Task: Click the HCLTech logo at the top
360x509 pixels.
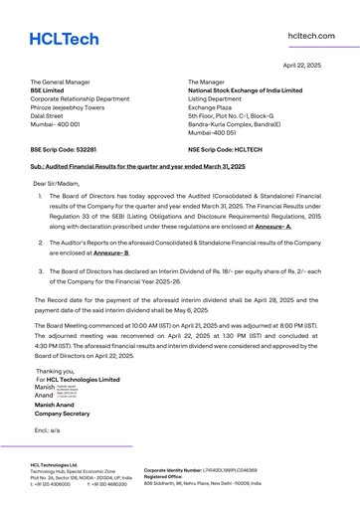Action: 64,39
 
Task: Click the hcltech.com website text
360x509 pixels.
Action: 310,36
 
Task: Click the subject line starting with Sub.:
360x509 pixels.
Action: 137,167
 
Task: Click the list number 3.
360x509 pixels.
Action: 41,270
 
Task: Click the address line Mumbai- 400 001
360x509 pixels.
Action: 60,123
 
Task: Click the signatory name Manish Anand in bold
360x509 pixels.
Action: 59,406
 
